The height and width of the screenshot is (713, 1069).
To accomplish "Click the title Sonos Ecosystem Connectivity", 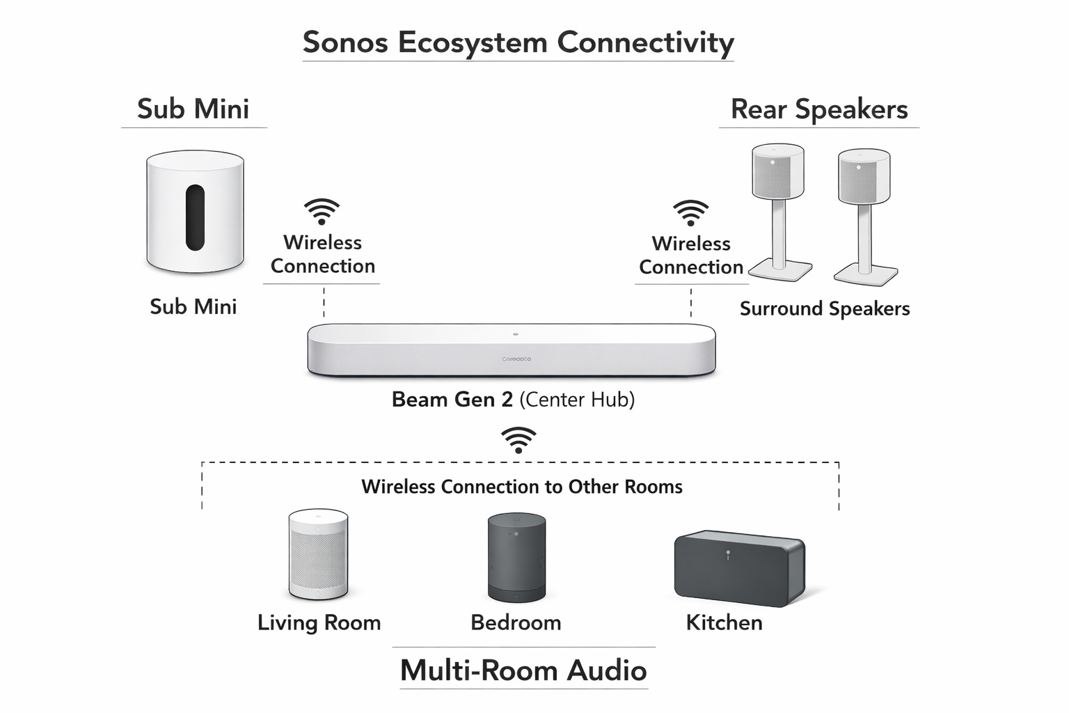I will tap(518, 42).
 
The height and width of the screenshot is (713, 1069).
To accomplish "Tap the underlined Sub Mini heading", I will tap(193, 109).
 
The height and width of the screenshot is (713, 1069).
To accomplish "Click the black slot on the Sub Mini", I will tap(195, 218).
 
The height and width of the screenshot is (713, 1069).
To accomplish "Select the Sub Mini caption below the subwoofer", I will tap(193, 306).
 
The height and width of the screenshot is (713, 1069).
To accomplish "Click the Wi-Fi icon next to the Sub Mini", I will tap(322, 212).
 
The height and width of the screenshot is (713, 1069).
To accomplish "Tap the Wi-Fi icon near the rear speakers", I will tap(690, 213).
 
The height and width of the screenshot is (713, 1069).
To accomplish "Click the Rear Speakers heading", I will tap(819, 109).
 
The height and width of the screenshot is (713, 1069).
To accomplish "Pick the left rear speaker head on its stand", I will tap(778, 171).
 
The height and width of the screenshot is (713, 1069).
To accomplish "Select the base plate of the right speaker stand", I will tap(866, 275).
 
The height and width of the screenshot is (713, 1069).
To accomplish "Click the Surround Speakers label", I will tap(825, 308).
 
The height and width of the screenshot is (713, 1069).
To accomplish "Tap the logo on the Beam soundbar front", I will tap(516, 359).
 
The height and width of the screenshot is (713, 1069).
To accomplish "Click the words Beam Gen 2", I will tap(452, 400).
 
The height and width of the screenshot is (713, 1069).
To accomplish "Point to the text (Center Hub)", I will tap(577, 400).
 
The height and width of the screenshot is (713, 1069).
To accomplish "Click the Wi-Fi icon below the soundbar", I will tap(518, 441).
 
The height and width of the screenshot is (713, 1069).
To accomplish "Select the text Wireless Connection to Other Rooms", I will tap(521, 487).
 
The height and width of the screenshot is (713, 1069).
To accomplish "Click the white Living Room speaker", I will tap(318, 554).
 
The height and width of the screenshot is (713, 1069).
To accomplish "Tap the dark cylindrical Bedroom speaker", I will tap(516, 558).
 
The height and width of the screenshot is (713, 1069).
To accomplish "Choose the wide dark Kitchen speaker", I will tap(739, 568).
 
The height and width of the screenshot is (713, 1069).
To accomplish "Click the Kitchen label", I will tap(724, 622).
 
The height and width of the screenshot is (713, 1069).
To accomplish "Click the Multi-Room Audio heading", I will tap(523, 671).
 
